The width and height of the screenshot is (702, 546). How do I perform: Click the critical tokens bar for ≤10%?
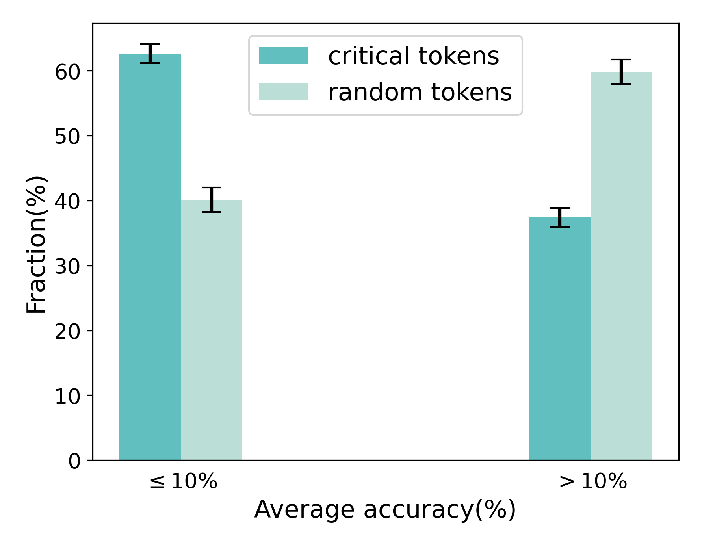point(150,256)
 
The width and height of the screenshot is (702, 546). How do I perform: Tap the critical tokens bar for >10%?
point(559,339)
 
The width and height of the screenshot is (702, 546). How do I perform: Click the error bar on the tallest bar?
point(150,54)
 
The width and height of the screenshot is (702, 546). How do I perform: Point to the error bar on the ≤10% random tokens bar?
point(212,200)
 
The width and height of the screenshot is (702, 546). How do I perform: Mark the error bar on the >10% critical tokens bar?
point(560,217)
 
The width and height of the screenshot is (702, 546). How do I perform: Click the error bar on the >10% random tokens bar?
point(621,72)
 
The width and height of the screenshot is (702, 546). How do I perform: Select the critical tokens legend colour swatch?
point(283,56)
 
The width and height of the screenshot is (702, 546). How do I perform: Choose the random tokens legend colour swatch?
point(283,91)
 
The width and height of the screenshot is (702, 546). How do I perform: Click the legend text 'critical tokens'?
point(414,56)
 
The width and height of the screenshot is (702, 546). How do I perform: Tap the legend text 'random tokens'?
point(420,92)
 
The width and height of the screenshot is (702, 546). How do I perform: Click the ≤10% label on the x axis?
point(184,481)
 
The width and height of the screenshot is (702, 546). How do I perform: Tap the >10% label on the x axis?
point(593,481)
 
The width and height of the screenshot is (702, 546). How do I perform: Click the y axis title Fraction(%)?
point(36,245)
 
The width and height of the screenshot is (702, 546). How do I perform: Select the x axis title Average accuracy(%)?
point(385,509)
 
